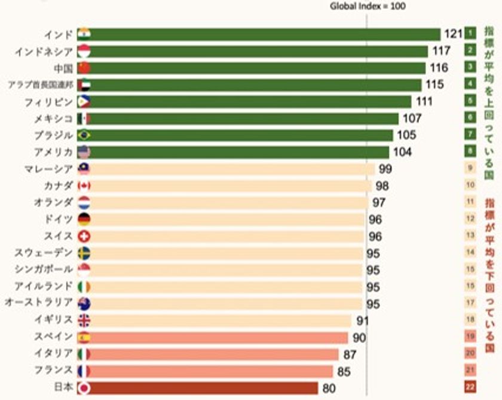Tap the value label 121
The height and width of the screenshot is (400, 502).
(x=454, y=34)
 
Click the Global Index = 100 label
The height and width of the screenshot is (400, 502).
(x=368, y=6)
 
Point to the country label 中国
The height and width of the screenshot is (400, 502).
(x=63, y=68)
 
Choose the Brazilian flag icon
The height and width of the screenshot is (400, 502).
(x=84, y=135)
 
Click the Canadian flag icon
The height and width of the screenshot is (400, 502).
(x=84, y=186)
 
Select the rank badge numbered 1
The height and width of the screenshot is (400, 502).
(x=470, y=34)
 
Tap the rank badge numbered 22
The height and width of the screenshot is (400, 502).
(x=470, y=387)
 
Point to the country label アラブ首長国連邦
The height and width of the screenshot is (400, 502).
(x=40, y=84)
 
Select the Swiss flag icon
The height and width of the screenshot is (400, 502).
(x=84, y=236)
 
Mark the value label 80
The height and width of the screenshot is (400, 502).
(x=330, y=388)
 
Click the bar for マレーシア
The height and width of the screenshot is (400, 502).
(x=233, y=169)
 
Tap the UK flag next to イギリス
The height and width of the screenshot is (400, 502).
(x=84, y=320)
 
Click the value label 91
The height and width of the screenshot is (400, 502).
(x=362, y=320)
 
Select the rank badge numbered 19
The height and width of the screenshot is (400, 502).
(x=470, y=337)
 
